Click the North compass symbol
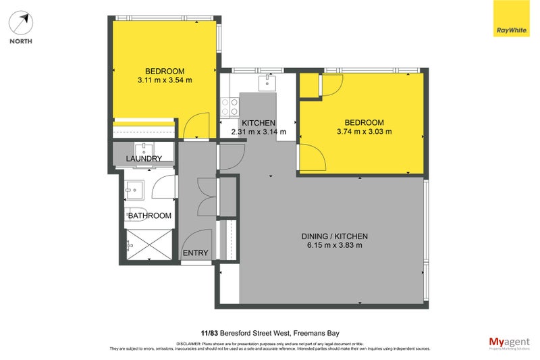pyautogui.click(x=21, y=24)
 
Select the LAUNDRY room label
pyautogui.click(x=144, y=159)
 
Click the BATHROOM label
pyautogui.click(x=149, y=215)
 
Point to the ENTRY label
pyautogui.click(x=196, y=253)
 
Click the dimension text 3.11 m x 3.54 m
pyautogui.click(x=165, y=80)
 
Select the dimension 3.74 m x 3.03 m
pyautogui.click(x=364, y=131)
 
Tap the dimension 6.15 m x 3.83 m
pyautogui.click(x=335, y=245)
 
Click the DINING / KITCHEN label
pyautogui.click(x=335, y=236)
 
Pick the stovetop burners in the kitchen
pyautogui.click(x=229, y=107)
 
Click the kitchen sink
pyautogui.click(x=269, y=82)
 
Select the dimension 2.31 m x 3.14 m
pyautogui.click(x=259, y=132)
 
